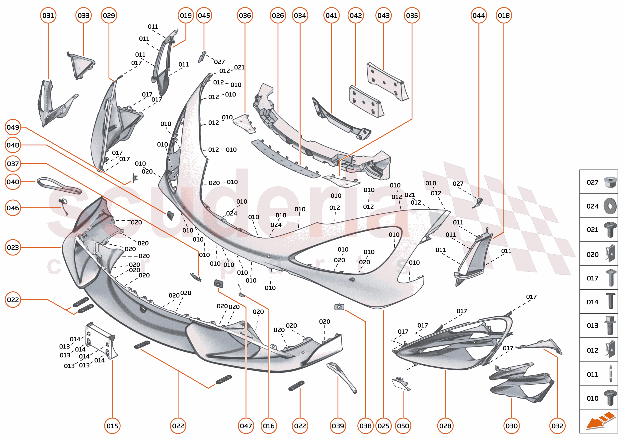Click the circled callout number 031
click(48, 15)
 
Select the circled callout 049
click(13, 127)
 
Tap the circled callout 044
click(478, 15)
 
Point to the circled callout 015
click(112, 426)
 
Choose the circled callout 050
click(403, 426)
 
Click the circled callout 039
click(338, 426)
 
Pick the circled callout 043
click(383, 15)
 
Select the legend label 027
click(592, 182)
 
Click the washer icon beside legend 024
click(610, 206)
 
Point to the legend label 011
click(592, 374)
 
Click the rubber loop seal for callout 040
click(59, 186)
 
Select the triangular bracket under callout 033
click(81, 65)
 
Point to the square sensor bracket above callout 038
click(339, 307)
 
